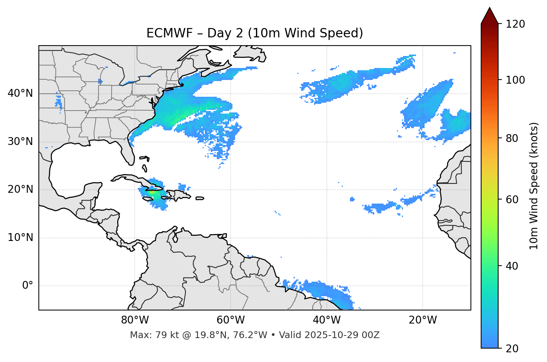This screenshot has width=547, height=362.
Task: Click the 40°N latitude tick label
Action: click(20, 93)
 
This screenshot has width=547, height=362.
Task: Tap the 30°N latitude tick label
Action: click(20, 142)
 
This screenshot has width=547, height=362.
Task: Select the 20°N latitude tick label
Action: click(20, 189)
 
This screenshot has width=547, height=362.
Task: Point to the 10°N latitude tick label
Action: click(20, 238)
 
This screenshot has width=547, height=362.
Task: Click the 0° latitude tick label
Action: click(28, 286)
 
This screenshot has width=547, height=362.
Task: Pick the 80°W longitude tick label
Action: click(135, 320)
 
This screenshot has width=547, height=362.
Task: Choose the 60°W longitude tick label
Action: click(231, 320)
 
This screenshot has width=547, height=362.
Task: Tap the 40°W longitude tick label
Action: click(326, 320)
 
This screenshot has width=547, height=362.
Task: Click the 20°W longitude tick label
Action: click(422, 320)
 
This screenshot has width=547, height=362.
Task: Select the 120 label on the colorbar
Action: click(515, 24)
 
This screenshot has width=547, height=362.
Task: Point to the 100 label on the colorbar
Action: click(515, 80)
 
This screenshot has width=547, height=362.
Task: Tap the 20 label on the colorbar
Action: click(512, 348)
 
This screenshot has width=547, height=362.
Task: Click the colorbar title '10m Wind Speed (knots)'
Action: click(534, 186)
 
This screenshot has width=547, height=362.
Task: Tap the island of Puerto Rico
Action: click(200, 198)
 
